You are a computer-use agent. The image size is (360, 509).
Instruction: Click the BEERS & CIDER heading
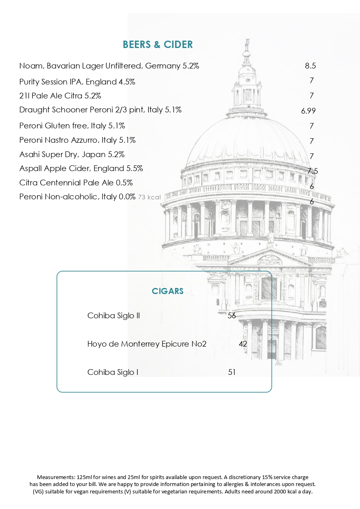[157, 45]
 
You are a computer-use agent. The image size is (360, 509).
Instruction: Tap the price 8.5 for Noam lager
[310, 66]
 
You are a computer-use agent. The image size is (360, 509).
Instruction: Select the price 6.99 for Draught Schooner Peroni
[308, 111]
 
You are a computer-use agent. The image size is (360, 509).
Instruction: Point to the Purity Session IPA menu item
[77, 82]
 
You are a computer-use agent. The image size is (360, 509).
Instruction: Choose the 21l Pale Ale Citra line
[60, 96]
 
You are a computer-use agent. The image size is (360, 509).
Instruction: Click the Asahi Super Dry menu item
[72, 155]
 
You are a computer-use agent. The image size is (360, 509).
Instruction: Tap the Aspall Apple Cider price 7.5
[313, 171]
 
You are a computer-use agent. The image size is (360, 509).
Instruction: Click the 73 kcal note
[149, 197]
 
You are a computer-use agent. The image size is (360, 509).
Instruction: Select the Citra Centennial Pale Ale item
[76, 183]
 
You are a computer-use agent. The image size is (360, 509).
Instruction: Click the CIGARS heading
[167, 291]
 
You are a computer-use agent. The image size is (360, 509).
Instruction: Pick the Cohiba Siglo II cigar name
[114, 315]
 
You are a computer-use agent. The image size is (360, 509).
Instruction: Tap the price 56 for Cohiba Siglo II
[232, 315]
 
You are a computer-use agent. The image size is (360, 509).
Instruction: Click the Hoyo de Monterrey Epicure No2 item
[147, 344]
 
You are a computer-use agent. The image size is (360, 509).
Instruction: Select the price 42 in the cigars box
[243, 344]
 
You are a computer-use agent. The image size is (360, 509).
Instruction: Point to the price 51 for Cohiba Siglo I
[232, 372]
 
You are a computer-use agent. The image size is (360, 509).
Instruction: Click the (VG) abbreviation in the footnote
[39, 491]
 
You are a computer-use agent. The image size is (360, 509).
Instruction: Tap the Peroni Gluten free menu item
[72, 126]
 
